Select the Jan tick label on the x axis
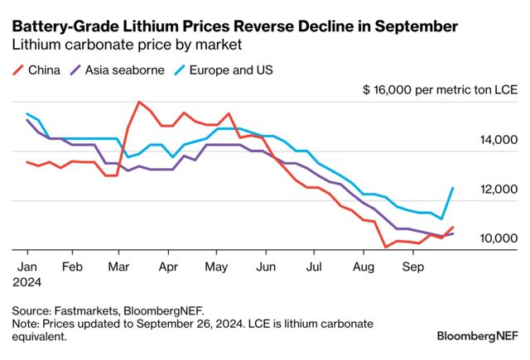26,267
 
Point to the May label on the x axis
216,267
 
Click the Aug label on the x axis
362,267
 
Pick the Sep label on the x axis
411,267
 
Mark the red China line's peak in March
138,102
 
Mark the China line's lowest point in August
385,247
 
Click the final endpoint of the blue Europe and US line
453,188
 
